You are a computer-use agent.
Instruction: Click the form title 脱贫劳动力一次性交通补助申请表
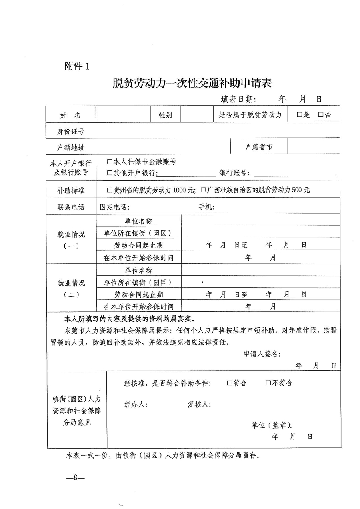click(x=192, y=83)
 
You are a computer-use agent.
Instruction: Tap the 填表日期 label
click(x=238, y=99)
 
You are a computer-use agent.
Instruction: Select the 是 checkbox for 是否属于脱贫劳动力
click(x=299, y=115)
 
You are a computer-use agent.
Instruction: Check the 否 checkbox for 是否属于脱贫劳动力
click(x=321, y=115)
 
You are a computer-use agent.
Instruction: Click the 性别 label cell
click(x=166, y=115)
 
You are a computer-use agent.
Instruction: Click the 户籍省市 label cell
click(x=259, y=147)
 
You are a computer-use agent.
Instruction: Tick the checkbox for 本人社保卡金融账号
click(x=110, y=162)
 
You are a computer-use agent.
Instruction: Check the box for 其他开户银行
click(x=110, y=173)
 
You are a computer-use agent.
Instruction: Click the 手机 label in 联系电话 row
click(x=207, y=207)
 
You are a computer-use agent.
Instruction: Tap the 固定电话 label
click(x=115, y=207)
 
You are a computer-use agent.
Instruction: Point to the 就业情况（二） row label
click(x=71, y=289)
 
